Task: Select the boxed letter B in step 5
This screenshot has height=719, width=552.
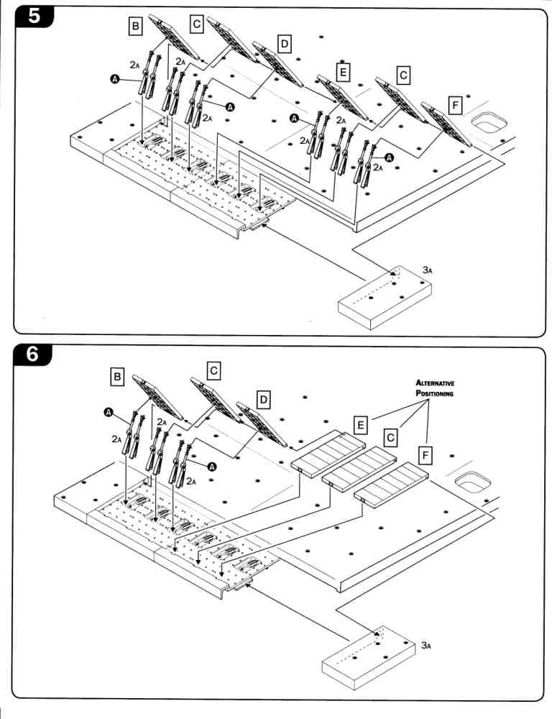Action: (x=134, y=27)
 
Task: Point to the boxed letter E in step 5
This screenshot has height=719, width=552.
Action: (x=343, y=70)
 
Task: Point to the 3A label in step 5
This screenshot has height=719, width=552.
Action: (x=427, y=270)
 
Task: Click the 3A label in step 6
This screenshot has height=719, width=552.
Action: (x=426, y=646)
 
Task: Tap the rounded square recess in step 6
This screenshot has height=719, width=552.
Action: (x=474, y=481)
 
